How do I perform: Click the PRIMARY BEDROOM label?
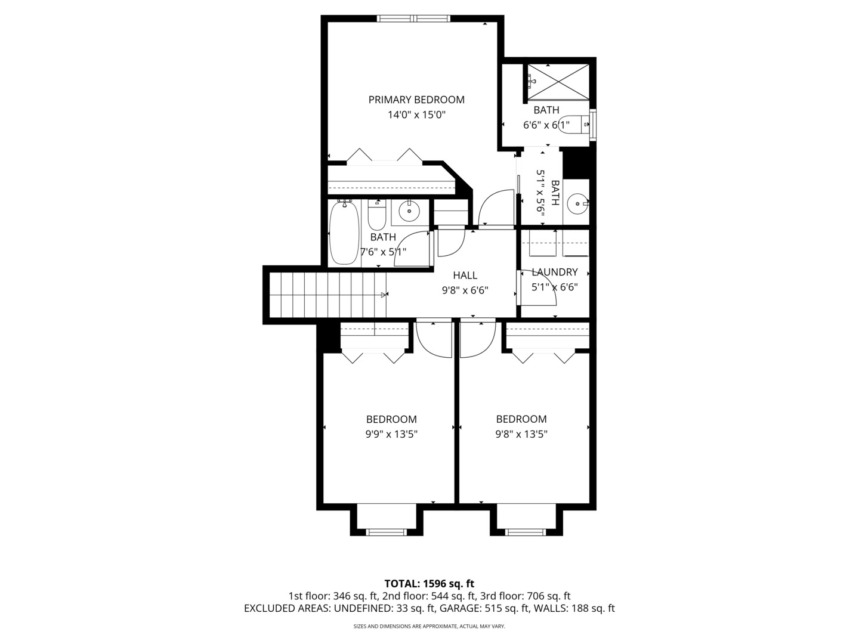[x=416, y=100]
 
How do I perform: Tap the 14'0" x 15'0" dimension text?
[x=417, y=115]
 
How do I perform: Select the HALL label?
[x=465, y=275]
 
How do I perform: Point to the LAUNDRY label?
[x=555, y=272]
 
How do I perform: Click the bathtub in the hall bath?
[x=344, y=233]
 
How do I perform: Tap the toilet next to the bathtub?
[x=377, y=215]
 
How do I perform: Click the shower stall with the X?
[x=558, y=82]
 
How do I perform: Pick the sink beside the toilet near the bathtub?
[x=409, y=212]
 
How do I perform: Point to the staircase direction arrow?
[x=384, y=295]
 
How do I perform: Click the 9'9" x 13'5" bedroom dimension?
[x=391, y=435]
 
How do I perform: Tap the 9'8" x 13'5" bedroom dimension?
[x=521, y=435]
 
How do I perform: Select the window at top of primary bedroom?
[x=413, y=18]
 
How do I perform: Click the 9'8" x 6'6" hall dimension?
[x=465, y=290]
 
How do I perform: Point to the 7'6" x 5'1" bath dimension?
[x=383, y=252]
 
